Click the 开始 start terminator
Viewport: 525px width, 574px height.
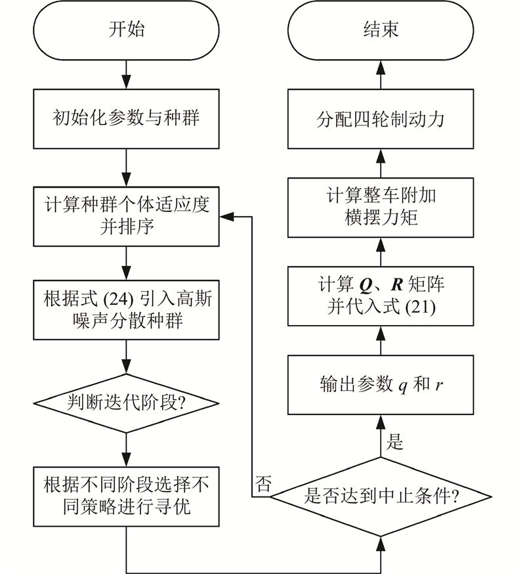(x=126, y=30)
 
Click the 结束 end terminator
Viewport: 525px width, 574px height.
(x=380, y=30)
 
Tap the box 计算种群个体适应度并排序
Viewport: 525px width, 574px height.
(x=126, y=215)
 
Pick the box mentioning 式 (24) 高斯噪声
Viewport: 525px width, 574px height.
(x=126, y=311)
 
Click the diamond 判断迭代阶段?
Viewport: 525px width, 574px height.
(x=126, y=401)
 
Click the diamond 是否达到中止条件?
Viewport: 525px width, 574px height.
(x=381, y=497)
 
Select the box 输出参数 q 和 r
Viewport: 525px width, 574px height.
(x=381, y=384)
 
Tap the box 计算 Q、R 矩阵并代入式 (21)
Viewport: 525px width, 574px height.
(x=381, y=296)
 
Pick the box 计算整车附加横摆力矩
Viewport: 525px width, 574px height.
(x=381, y=207)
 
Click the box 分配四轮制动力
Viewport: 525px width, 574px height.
(x=381, y=119)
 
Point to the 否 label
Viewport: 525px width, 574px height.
(x=262, y=484)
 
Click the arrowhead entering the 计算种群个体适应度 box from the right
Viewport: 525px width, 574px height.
(x=224, y=215)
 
